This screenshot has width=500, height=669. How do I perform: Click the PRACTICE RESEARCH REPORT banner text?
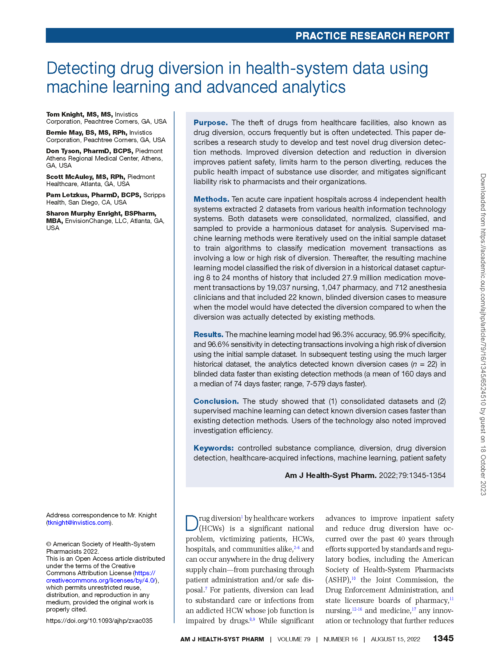pyautogui.click(x=372, y=36)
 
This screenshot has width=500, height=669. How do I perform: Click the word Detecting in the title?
pyautogui.click(x=81, y=68)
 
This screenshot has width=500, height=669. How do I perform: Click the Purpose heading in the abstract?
pyautogui.click(x=210, y=123)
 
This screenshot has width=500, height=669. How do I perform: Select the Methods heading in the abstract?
pyautogui.click(x=211, y=199)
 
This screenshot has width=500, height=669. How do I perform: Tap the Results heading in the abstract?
pyautogui.click(x=208, y=335)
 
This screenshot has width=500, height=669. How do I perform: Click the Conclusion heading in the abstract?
pyautogui.click(x=216, y=401)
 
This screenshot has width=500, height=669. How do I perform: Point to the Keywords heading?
pyautogui.click(x=214, y=448)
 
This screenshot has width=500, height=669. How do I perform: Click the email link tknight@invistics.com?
pyautogui.click(x=79, y=523)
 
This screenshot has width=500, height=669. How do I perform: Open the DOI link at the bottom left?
pyautogui.click(x=99, y=621)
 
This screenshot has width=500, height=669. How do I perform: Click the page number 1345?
pyautogui.click(x=443, y=639)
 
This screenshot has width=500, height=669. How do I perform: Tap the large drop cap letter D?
pyautogui.click(x=192, y=523)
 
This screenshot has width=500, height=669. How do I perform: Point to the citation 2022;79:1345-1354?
pyautogui.click(x=412, y=476)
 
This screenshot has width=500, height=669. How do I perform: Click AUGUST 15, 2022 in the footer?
pyautogui.click(x=395, y=639)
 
